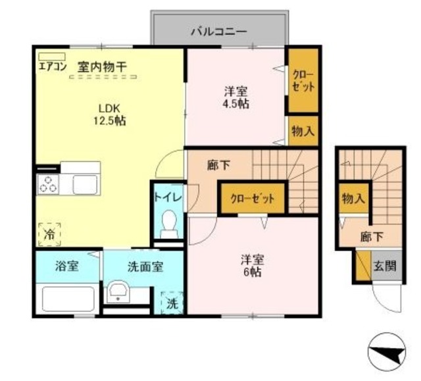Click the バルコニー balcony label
tap(219, 30)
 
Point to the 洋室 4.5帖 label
tap(235, 98)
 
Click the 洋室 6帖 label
tap(252, 265)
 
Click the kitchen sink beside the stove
tap(84, 184)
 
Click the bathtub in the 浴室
tap(68, 298)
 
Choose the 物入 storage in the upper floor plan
tap(302, 131)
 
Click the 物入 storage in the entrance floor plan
tap(353, 197)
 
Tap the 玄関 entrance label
tap(385, 267)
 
